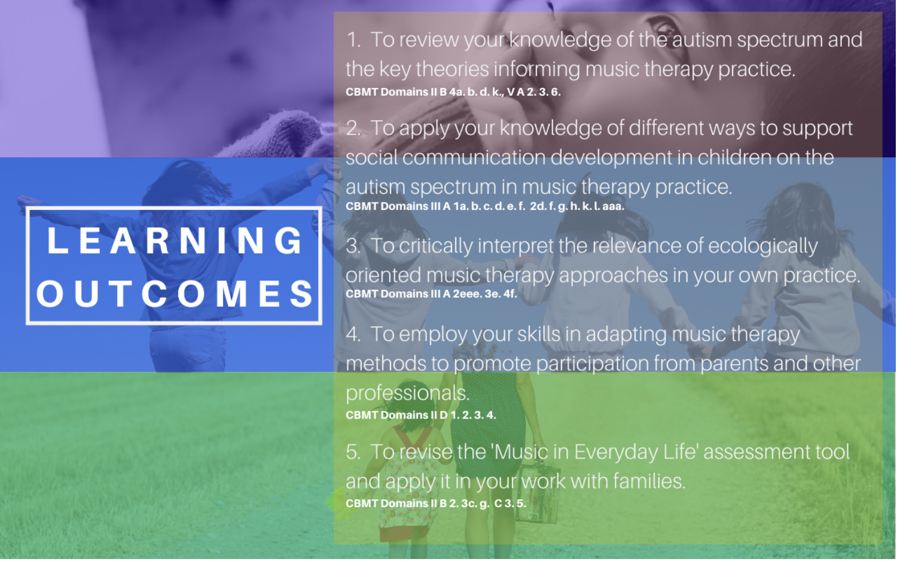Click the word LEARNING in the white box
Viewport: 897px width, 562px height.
175,240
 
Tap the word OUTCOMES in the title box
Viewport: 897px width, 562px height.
175,294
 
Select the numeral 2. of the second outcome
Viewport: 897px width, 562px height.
353,129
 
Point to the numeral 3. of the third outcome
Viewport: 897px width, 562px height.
353,246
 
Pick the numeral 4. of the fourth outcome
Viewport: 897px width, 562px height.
353,334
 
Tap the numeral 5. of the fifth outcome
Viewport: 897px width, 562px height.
353,452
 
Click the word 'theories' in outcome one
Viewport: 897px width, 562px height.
452,69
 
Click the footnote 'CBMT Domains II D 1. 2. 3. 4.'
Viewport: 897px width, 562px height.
421,415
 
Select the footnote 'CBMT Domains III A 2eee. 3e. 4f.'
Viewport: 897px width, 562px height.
431,294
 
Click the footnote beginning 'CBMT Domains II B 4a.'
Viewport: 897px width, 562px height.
453,92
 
